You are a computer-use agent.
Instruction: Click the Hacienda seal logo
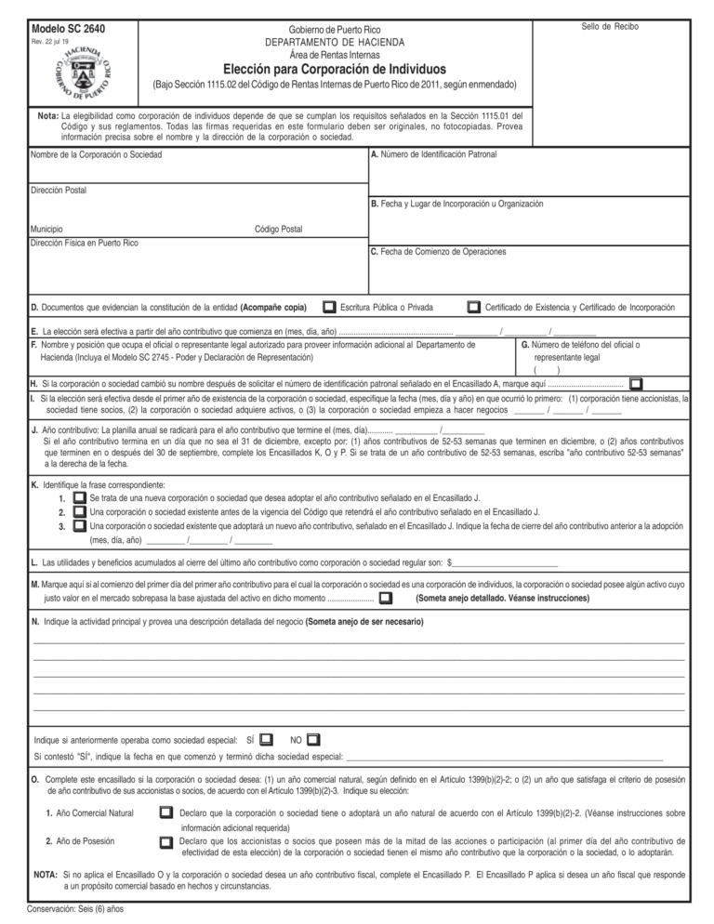pyautogui.click(x=83, y=73)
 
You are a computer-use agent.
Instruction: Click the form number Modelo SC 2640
pyautogui.click(x=68, y=29)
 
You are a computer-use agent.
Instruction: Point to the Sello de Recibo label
pyautogui.click(x=610, y=26)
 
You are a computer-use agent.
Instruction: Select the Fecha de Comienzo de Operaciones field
pyautogui.click(x=529, y=271)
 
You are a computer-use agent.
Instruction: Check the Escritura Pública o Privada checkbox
pyautogui.click(x=329, y=307)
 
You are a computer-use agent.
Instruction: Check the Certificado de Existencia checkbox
pyautogui.click(x=474, y=307)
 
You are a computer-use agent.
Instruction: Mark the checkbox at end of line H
pyautogui.click(x=636, y=383)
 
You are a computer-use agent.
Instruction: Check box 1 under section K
pyautogui.click(x=80, y=498)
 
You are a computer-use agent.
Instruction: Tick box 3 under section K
pyautogui.click(x=80, y=525)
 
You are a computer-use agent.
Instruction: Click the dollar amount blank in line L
pyautogui.click(x=505, y=562)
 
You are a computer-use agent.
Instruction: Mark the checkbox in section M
pyautogui.click(x=386, y=598)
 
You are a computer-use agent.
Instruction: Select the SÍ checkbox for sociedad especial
pyautogui.click(x=266, y=739)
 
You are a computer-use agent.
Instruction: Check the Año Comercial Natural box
pyautogui.click(x=165, y=812)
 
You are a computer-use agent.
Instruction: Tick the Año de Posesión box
pyautogui.click(x=165, y=841)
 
